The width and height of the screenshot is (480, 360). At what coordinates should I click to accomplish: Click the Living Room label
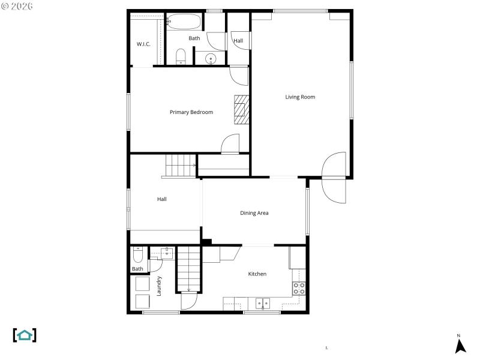[300, 97]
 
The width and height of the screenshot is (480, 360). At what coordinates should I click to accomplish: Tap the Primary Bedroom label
[191, 112]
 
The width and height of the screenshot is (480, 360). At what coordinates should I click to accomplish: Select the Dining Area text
[254, 213]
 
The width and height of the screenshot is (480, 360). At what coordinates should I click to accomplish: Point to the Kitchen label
[257, 274]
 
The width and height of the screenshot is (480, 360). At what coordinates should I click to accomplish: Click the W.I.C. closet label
[143, 44]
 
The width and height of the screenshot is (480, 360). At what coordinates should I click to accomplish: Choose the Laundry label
[159, 286]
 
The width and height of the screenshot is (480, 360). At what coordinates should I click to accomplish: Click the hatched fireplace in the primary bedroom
[240, 109]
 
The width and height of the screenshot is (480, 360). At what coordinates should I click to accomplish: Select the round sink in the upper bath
[210, 59]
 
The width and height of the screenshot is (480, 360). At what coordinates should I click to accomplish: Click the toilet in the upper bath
[181, 58]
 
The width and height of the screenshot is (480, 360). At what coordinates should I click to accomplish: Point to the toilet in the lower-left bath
[138, 256]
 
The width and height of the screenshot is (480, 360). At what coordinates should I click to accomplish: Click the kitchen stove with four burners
[299, 288]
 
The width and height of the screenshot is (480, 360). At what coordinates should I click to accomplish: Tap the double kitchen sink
[263, 303]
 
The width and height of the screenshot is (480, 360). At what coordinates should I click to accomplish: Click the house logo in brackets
[25, 335]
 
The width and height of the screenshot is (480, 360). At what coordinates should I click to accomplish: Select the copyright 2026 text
[17, 7]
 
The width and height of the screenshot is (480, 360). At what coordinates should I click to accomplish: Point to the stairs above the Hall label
[180, 164]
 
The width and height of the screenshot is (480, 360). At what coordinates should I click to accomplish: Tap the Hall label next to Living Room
[238, 41]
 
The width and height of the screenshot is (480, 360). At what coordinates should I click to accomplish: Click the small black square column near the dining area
[206, 242]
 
